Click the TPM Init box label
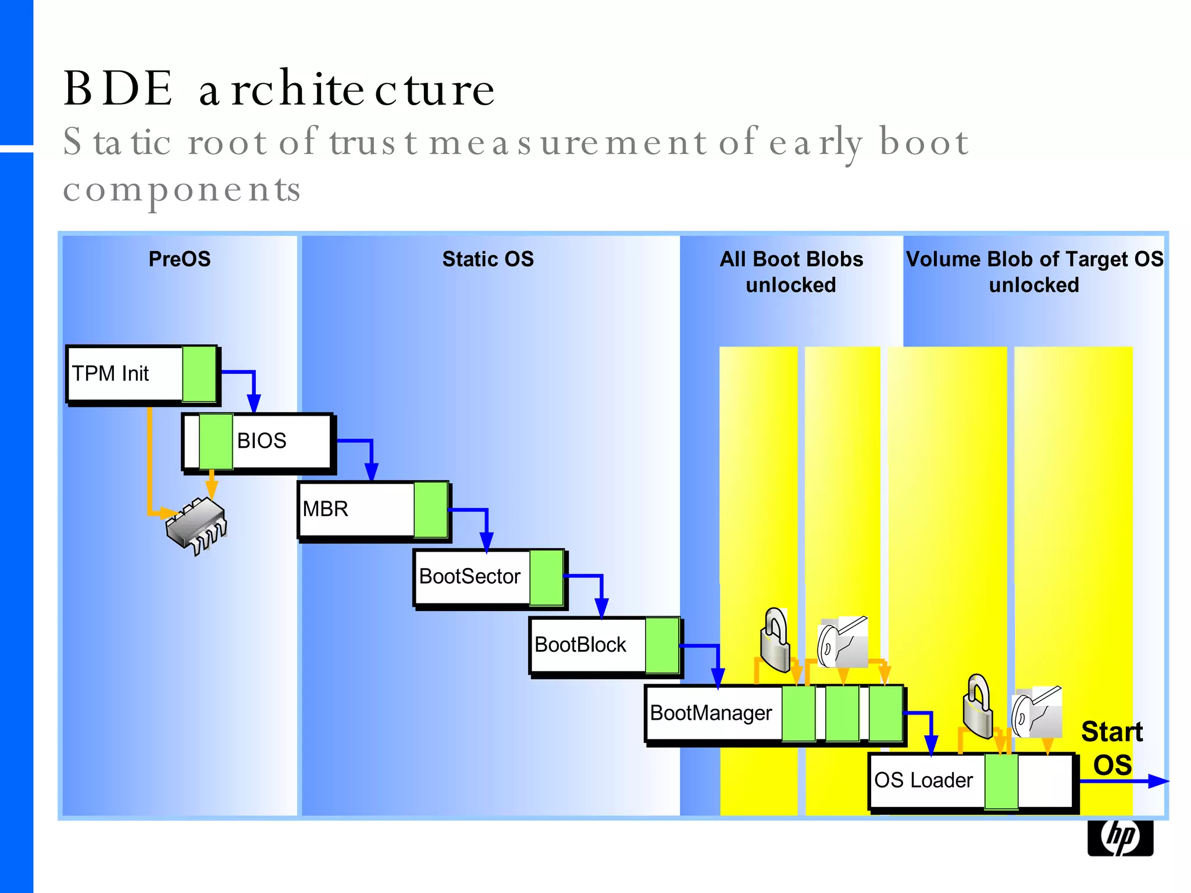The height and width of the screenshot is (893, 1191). click(110, 373)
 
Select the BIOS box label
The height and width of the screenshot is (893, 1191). click(262, 441)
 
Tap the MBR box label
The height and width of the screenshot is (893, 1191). click(325, 509)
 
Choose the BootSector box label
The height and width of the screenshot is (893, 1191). click(469, 576)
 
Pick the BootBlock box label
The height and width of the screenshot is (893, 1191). click(580, 645)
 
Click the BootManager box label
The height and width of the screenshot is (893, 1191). click(711, 713)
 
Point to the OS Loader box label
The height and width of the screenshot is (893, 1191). click(923, 780)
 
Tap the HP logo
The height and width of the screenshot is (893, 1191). click(1120, 838)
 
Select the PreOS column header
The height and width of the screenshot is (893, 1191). click(180, 259)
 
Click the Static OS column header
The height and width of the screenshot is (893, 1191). click(488, 259)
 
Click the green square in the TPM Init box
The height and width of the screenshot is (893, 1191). click(199, 374)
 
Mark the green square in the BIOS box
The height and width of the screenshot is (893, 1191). click(216, 441)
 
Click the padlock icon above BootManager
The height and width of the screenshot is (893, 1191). click(775, 640)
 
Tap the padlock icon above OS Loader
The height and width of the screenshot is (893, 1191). click(978, 706)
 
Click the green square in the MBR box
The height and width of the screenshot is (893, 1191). click(431, 509)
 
